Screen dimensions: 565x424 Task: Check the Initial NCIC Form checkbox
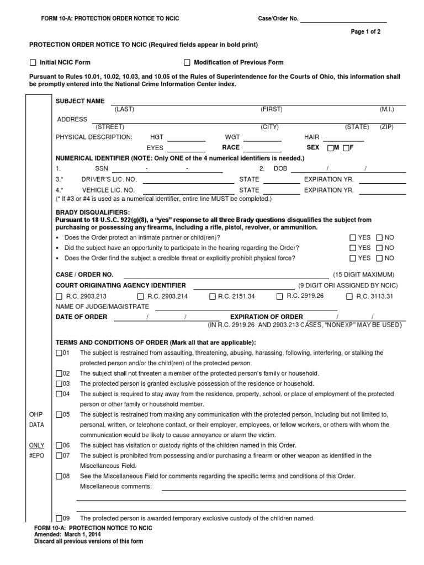point(33,62)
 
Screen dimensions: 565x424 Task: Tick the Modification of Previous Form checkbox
point(187,62)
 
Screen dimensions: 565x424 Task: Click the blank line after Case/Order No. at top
point(343,21)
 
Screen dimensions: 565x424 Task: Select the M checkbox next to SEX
point(330,148)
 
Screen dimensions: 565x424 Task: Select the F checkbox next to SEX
point(346,148)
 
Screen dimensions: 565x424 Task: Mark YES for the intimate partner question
point(352,237)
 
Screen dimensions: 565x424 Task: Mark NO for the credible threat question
point(379,258)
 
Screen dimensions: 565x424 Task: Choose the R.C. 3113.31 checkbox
point(349,296)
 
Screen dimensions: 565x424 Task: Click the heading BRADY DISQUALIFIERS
point(93,212)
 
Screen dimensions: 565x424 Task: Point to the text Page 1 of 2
point(365,32)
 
